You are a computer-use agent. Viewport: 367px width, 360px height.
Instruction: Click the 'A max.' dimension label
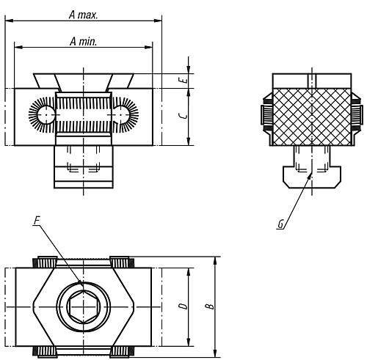click(x=83, y=14)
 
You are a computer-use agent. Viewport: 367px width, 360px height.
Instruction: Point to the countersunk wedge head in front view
click(x=84, y=80)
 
